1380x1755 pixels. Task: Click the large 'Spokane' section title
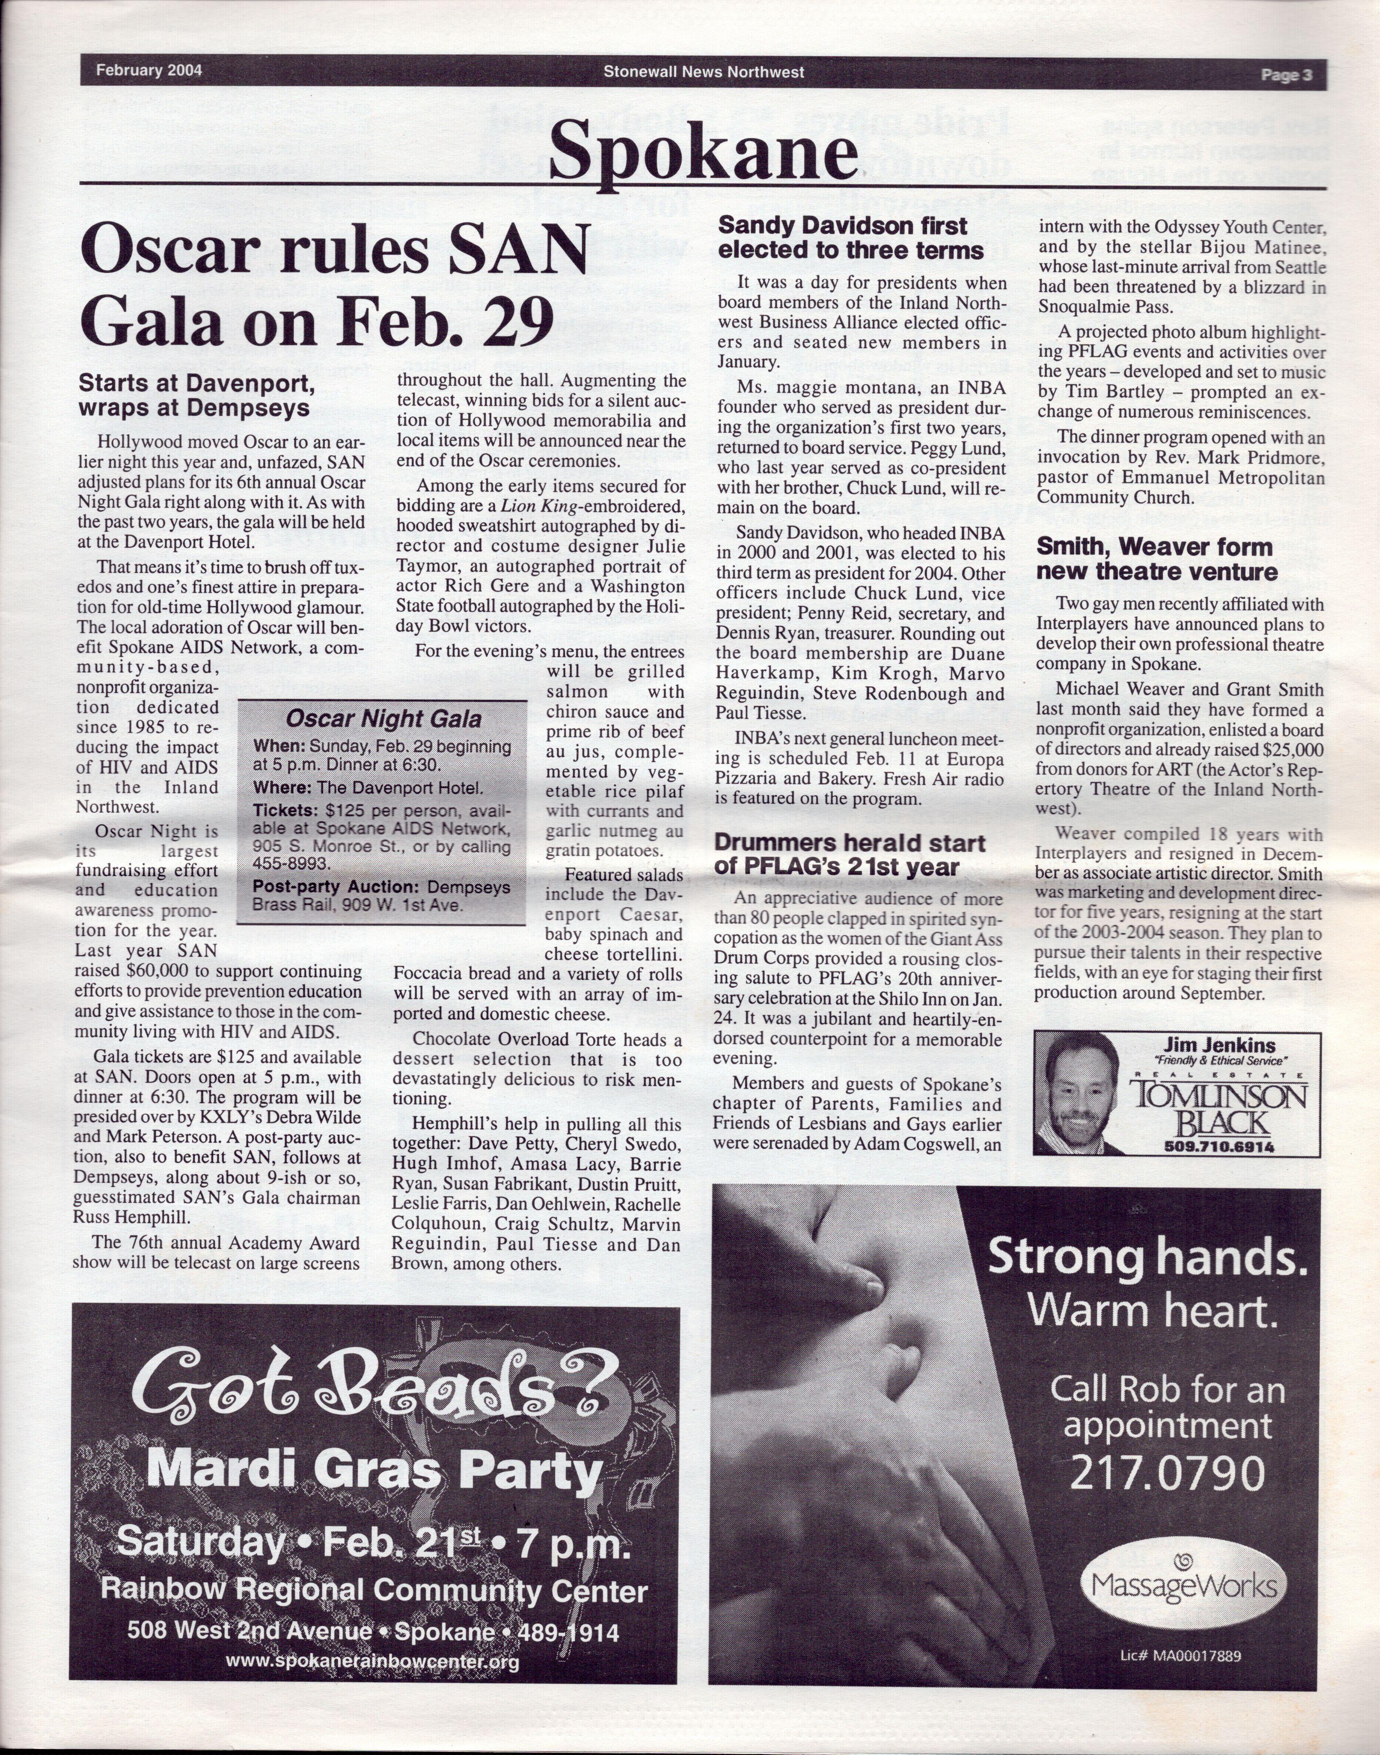703,151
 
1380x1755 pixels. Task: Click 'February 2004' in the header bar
149,70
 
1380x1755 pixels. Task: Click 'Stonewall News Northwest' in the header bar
703,72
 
